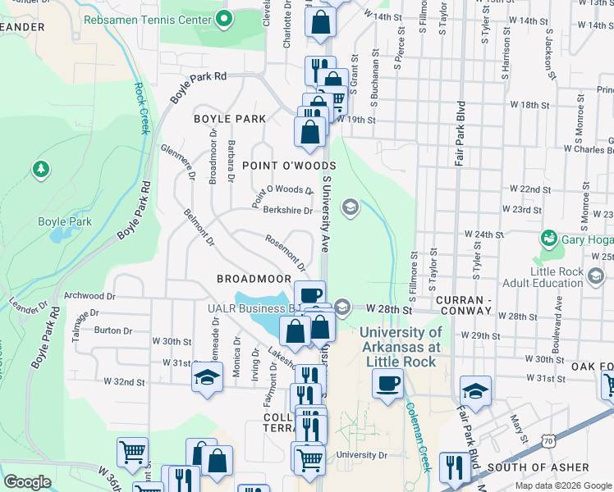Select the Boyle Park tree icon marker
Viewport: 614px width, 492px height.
pos(40,170)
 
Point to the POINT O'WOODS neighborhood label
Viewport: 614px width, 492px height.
pos(289,166)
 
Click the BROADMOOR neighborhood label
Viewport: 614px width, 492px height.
pos(254,279)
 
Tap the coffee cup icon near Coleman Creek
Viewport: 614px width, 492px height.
pos(387,383)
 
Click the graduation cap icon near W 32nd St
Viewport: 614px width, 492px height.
pos(206,378)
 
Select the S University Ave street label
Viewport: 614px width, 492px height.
pos(325,213)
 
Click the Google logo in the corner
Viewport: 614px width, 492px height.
pos(27,482)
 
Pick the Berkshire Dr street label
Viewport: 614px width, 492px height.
pos(288,210)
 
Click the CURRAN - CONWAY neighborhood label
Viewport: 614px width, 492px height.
pos(463,302)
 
